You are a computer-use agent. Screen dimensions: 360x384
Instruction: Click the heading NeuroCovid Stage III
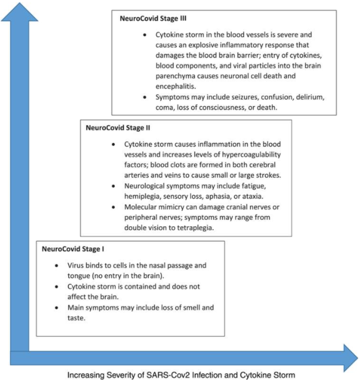tap(153, 18)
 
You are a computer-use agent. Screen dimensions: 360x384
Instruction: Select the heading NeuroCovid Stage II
tap(118, 128)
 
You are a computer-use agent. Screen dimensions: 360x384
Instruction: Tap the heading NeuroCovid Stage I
tap(73, 249)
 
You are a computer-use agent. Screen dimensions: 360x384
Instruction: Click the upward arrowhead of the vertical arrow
tap(20, 12)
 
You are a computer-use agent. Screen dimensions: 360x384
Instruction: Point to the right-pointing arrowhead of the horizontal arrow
tap(351, 358)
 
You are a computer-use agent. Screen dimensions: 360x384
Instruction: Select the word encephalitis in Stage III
tap(176, 87)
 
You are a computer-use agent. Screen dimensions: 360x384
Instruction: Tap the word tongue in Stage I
tap(78, 276)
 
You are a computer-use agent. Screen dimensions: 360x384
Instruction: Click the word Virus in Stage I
tap(75, 265)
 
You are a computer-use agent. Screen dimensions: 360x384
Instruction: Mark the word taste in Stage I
tap(77, 318)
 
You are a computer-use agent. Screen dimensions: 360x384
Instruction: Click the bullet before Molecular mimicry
tap(113, 207)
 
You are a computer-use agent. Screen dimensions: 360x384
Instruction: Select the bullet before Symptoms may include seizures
tap(145, 97)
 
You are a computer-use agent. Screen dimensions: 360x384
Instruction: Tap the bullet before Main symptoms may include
tap(57, 307)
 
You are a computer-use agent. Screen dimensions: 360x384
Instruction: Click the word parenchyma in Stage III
tap(175, 76)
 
